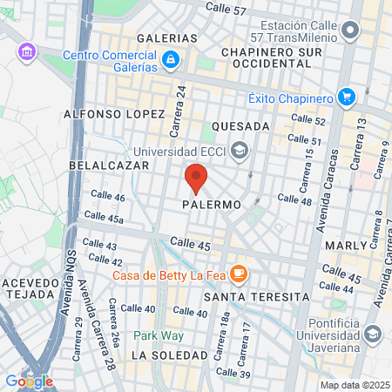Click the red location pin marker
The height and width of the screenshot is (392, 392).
click(x=196, y=179)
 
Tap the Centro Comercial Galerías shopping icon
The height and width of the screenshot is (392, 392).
click(x=172, y=60)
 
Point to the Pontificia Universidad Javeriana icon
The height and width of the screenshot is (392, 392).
click(x=373, y=334)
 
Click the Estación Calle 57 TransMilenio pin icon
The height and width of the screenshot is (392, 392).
click(x=351, y=32)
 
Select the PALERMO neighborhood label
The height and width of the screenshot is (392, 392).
click(x=212, y=205)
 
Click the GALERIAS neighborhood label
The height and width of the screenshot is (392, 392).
click(x=167, y=38)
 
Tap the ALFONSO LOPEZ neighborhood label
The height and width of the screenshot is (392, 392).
click(x=114, y=114)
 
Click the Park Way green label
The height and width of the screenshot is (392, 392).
click(x=152, y=335)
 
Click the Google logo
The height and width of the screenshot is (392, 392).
click(x=29, y=381)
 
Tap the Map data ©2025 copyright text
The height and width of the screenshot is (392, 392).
click(x=353, y=385)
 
